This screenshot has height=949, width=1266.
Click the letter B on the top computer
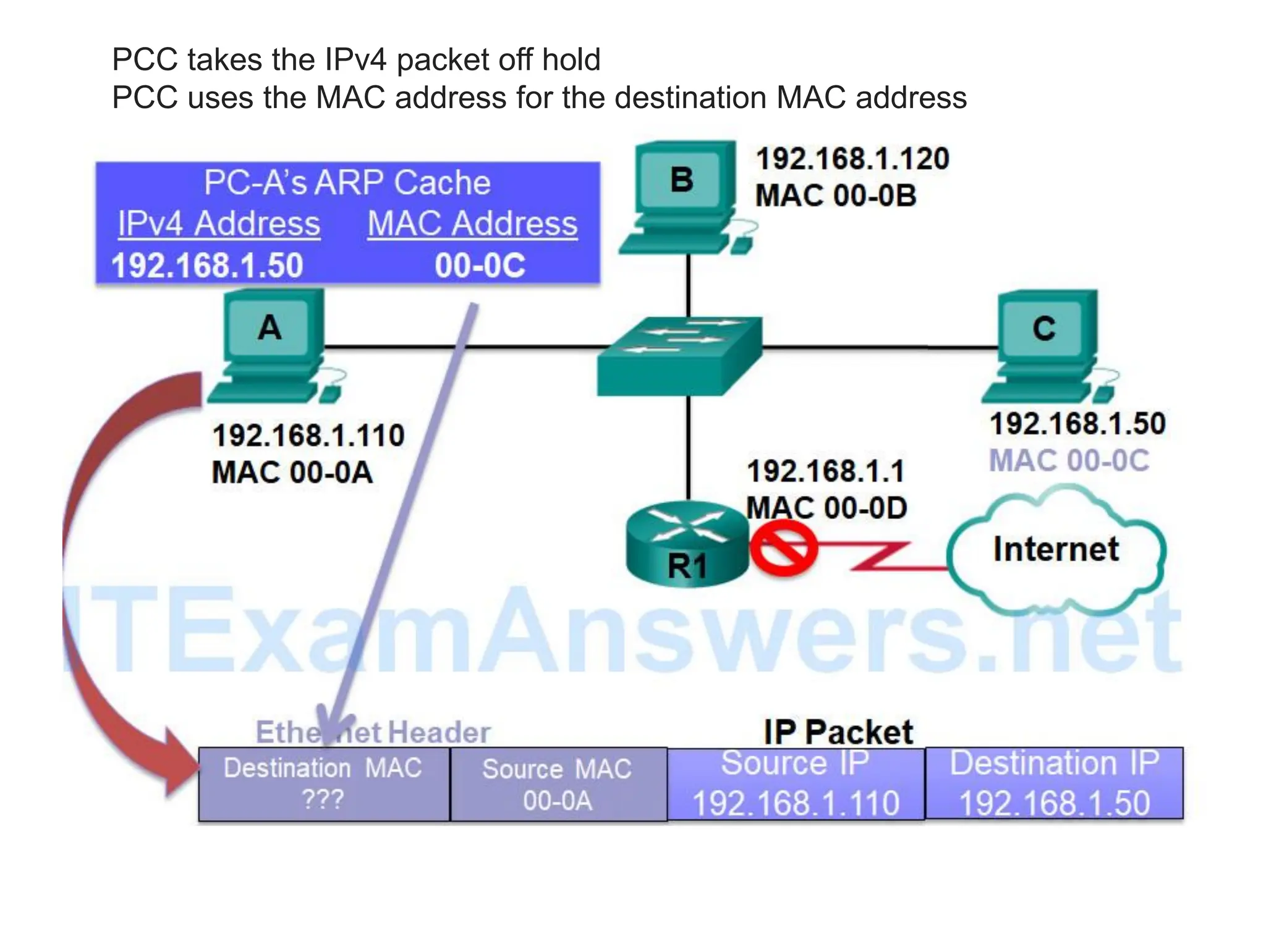point(681,180)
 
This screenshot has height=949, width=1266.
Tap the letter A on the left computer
point(270,327)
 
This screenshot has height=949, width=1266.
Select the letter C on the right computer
point(1044,328)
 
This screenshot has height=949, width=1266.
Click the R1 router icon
point(687,544)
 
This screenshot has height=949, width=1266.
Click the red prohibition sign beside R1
point(783,547)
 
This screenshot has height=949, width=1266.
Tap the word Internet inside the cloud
point(1056,549)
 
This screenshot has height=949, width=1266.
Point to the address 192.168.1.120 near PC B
point(852,159)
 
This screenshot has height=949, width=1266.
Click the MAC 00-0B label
point(835,196)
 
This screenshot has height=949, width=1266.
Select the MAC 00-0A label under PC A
point(292,473)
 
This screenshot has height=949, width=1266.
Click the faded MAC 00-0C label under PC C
point(1069,461)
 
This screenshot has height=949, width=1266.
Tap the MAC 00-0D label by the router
point(826,508)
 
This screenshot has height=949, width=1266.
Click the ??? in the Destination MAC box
point(322,800)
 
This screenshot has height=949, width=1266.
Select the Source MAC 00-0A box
point(558,785)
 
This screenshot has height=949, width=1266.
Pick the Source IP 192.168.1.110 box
point(796,783)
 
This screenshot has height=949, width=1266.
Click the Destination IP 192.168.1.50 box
point(1054,783)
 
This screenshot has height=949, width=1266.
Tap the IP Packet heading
point(838,732)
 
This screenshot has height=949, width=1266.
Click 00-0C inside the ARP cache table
point(480,266)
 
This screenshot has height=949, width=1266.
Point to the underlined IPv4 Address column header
point(219,224)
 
